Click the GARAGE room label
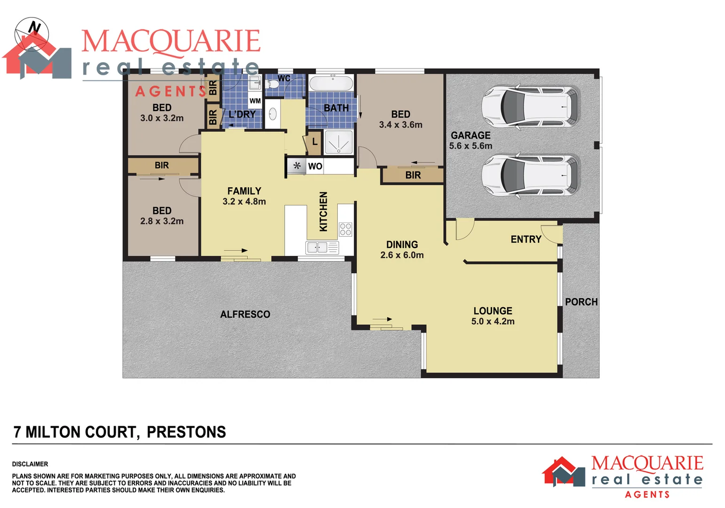[470, 135]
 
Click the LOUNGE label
[493, 311]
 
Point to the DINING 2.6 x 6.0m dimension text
[402, 255]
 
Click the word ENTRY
[526, 239]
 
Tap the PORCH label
[581, 302]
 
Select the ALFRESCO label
[245, 314]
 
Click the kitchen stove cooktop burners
[345, 229]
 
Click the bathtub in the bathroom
[331, 84]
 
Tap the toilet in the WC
[272, 84]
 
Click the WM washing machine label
[255, 101]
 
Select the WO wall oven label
[315, 166]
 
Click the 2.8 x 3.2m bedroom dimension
[162, 221]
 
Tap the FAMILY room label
[244, 191]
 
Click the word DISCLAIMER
[30, 464]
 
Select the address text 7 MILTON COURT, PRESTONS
[120, 432]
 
